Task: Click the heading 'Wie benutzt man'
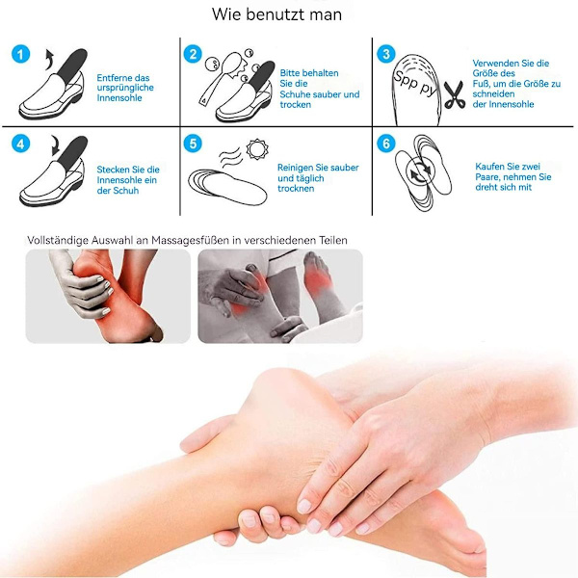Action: (x=276, y=14)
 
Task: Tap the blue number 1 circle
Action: (x=20, y=54)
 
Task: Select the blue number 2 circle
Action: (x=193, y=54)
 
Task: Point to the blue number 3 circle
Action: (x=386, y=54)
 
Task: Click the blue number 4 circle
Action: (x=20, y=144)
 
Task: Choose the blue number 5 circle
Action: (x=193, y=144)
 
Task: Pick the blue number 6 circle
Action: (x=386, y=144)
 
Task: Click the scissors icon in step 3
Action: (x=454, y=94)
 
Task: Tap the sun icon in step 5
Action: (x=257, y=149)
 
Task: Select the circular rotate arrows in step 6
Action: (x=421, y=171)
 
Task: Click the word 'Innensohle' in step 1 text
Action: (x=119, y=98)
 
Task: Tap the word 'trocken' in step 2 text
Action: (x=296, y=105)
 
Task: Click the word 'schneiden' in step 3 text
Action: (x=493, y=94)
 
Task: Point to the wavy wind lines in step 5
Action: (x=230, y=157)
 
